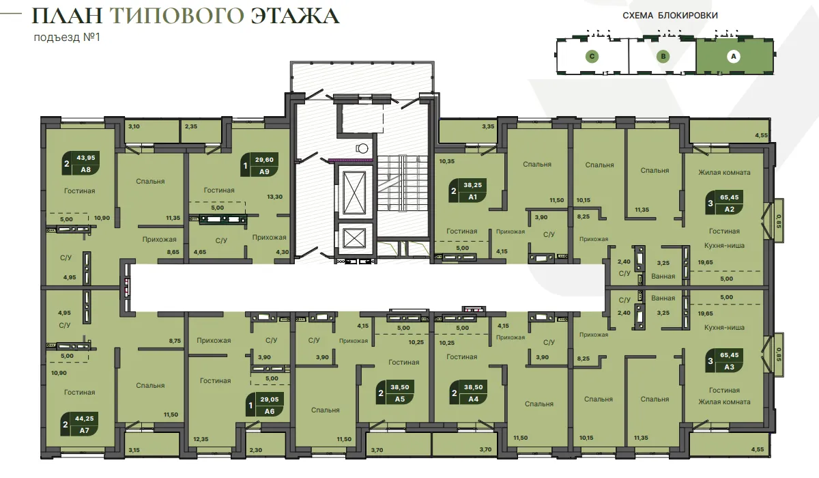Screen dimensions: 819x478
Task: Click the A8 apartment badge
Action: [81, 163]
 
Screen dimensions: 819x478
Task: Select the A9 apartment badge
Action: [259, 165]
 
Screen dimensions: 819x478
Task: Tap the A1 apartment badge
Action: [468, 191]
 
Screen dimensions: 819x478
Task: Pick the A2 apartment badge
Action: [725, 203]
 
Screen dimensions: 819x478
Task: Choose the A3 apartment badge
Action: [725, 361]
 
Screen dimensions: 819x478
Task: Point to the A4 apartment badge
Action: [469, 393]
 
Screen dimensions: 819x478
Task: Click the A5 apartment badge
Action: [395, 393]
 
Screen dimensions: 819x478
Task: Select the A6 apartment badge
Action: [265, 405]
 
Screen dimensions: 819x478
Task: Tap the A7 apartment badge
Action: [80, 424]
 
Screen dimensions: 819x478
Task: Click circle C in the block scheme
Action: [592, 56]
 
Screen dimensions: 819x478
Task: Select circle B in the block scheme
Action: [663, 56]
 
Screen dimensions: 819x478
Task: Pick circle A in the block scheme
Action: [734, 56]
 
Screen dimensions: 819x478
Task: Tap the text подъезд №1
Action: [67, 38]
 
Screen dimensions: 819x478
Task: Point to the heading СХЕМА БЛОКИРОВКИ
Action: [670, 15]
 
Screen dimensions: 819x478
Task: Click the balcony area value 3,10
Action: [134, 126]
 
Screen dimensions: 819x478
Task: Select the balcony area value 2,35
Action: [191, 126]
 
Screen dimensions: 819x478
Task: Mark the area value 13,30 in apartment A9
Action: [274, 197]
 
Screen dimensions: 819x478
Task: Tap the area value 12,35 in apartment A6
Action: [201, 439]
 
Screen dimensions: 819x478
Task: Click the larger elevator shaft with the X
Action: [354, 193]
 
